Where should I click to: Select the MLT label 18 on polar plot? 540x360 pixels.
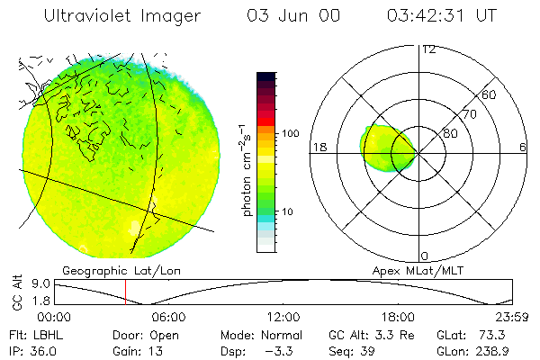coord(317,148)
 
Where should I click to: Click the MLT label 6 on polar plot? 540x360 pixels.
coord(523,148)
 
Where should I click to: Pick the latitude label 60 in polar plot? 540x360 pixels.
coord(490,94)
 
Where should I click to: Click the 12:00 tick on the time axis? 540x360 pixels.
coord(283,316)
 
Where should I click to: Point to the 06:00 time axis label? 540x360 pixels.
coord(168,316)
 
